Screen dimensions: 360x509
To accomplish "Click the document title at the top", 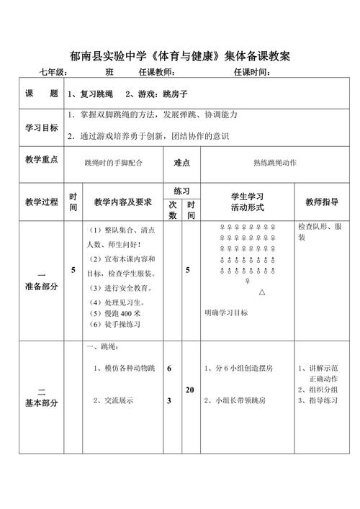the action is pos(180,55).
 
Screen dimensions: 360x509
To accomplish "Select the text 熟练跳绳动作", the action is pos(275,163).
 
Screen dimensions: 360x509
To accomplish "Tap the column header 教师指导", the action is pos(321,202).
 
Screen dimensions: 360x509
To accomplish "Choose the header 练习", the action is pos(181,191).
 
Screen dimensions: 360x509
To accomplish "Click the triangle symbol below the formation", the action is pos(262,293).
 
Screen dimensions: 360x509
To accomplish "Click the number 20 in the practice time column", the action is pos(190,389).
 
